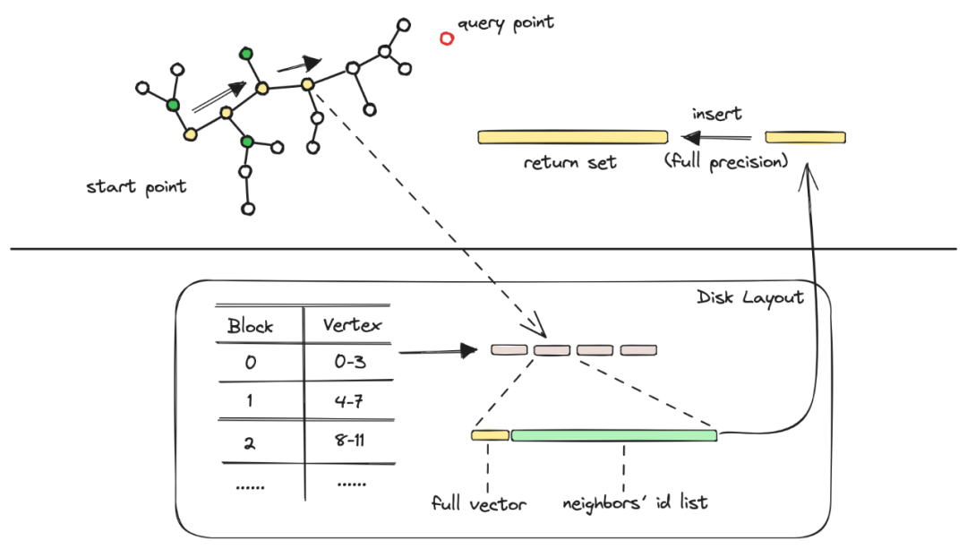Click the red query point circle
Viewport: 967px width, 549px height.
click(x=446, y=38)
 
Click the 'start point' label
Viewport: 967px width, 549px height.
click(x=136, y=187)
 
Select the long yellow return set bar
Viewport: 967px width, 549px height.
click(x=572, y=137)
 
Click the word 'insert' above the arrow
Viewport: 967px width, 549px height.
click(x=717, y=114)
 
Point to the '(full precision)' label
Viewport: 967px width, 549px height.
click(x=725, y=163)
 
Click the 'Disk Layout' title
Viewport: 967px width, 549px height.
click(x=749, y=297)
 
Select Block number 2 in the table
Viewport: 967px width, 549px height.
click(x=250, y=442)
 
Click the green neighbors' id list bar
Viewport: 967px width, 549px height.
click(x=613, y=435)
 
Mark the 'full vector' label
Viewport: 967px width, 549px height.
click(x=478, y=503)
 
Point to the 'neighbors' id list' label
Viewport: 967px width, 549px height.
click(x=634, y=502)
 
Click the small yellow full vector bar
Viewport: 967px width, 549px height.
click(x=490, y=435)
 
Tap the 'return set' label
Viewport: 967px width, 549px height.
click(x=570, y=163)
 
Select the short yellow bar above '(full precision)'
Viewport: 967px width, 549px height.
click(x=805, y=137)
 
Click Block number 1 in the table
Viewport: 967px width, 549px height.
click(x=250, y=402)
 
